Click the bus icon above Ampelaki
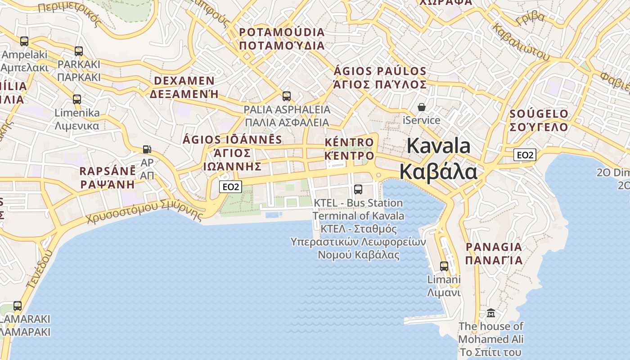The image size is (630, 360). (x=24, y=41)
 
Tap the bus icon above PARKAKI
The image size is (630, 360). (x=79, y=51)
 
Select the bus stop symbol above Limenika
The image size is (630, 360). (x=77, y=99)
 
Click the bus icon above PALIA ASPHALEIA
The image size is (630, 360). (x=287, y=96)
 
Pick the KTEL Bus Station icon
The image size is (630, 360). (x=358, y=189)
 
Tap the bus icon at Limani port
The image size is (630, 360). (x=444, y=266)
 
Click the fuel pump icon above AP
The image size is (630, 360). (x=147, y=149)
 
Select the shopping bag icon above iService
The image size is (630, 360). (x=422, y=107)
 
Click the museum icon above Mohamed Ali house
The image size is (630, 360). (x=491, y=313)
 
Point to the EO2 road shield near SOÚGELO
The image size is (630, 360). (x=525, y=155)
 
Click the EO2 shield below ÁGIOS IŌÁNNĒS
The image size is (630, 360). (x=230, y=187)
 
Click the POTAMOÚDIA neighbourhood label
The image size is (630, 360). (x=282, y=32)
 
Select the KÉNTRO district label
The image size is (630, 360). (x=349, y=143)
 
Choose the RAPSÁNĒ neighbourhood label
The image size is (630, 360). (x=108, y=171)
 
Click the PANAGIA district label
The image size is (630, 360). (x=494, y=247)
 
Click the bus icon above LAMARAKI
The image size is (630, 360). (x=18, y=306)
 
